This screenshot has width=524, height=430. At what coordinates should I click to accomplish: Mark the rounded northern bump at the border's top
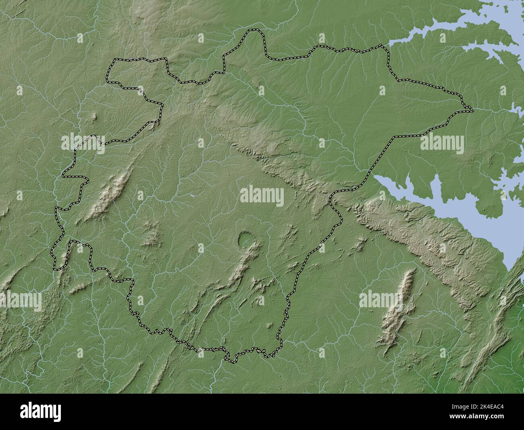pos(254,31)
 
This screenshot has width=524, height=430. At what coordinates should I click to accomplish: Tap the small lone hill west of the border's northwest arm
pos(95,117)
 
